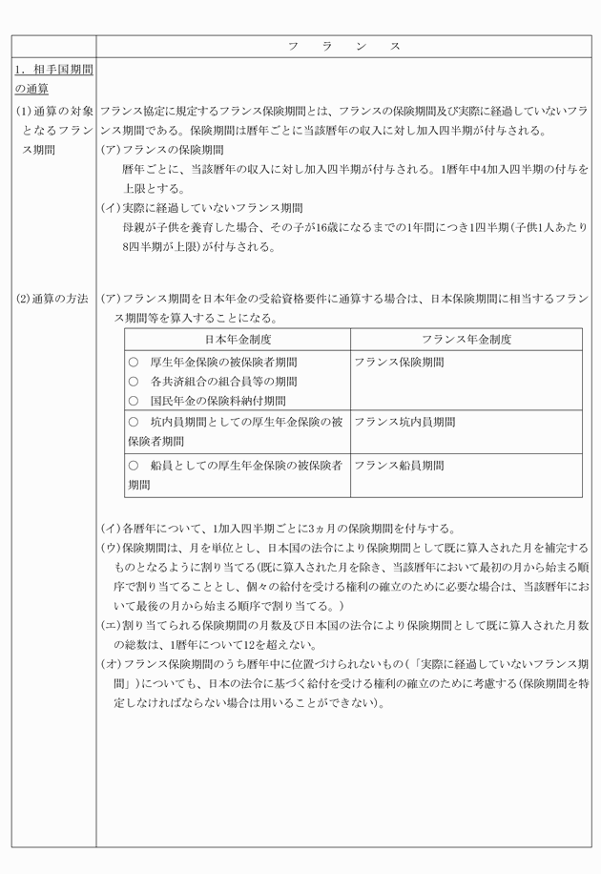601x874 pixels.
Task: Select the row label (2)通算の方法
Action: [x=52, y=299]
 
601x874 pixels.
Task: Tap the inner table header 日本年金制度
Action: [x=238, y=339]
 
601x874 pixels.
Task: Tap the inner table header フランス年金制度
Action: [x=466, y=339]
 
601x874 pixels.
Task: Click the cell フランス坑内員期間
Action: [x=404, y=421]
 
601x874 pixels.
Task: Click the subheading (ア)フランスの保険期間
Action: [x=162, y=150]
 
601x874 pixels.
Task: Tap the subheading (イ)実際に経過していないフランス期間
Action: [x=201, y=207]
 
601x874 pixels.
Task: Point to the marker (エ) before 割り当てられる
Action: [x=111, y=625]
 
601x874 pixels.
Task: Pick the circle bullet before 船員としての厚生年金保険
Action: [x=133, y=466]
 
